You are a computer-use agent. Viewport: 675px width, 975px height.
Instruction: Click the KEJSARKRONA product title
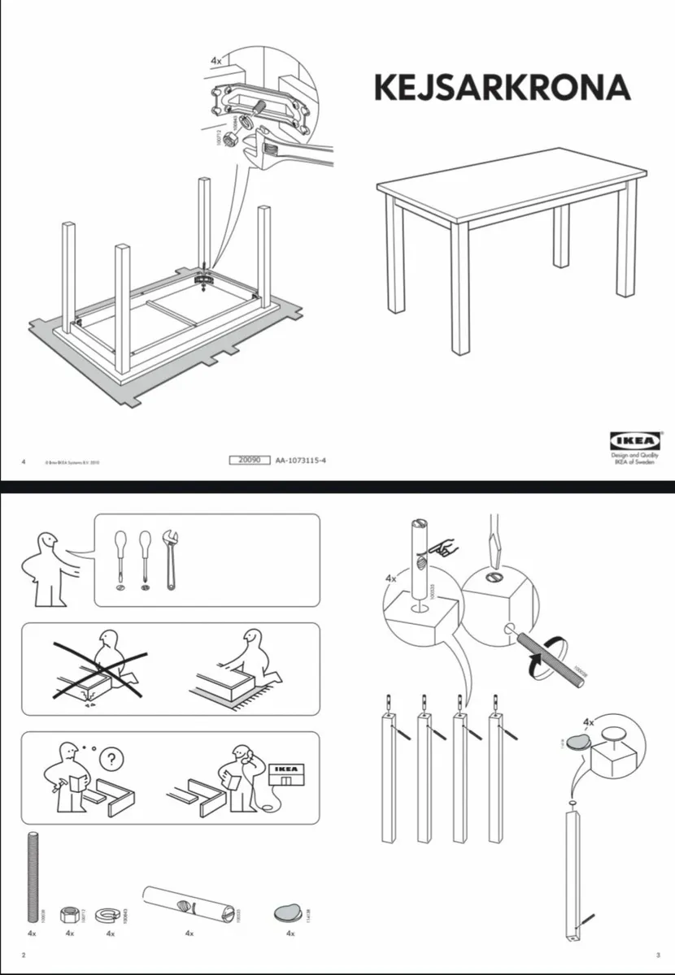pyautogui.click(x=502, y=88)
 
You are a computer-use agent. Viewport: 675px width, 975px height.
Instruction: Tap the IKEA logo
pyautogui.click(x=638, y=441)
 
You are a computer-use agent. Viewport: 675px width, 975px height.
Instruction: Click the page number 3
pyautogui.click(x=657, y=954)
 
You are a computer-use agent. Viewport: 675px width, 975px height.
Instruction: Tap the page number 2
pyautogui.click(x=23, y=954)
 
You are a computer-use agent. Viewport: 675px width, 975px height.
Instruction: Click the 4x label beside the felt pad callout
pyautogui.click(x=589, y=721)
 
